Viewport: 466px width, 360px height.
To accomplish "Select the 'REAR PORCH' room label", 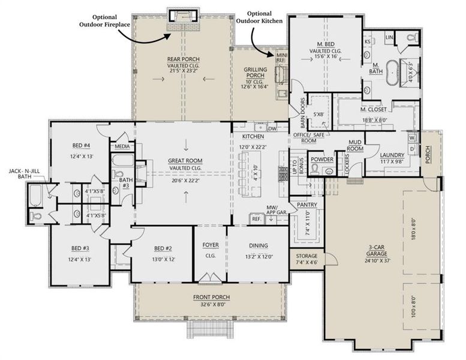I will pos(183,59).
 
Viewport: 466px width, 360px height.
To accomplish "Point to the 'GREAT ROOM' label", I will pos(185,160).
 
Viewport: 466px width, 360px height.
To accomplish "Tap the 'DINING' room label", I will pos(258,245).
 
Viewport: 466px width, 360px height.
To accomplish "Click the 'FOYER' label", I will pos(209,245).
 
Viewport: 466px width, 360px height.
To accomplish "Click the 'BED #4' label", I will pos(81,146).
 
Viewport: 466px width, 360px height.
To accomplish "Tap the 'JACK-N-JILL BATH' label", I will pos(23,173).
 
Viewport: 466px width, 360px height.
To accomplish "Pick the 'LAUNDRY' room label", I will pos(392,155).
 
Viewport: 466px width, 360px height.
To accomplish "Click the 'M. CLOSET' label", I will pos(372,111).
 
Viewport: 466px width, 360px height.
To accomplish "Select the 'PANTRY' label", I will pos(306,205).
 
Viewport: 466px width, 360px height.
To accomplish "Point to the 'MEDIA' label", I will pos(122,146).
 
